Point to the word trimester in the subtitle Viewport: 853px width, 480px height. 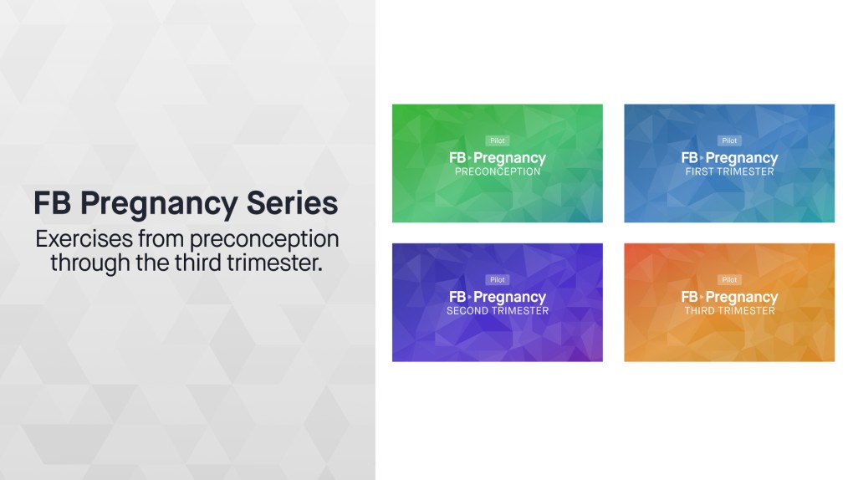click(x=278, y=263)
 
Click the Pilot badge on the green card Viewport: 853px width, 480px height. click(x=498, y=141)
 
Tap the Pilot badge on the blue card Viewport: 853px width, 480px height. click(x=729, y=141)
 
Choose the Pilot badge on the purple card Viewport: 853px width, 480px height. click(x=498, y=280)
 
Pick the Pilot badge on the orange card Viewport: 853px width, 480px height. click(x=729, y=280)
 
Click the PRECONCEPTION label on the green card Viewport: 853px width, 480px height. click(x=498, y=172)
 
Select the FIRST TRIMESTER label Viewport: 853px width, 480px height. click(x=729, y=172)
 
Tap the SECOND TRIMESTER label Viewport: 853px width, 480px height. click(x=498, y=311)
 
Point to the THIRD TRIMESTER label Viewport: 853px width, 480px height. click(x=729, y=311)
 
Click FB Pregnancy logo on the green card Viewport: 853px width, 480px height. click(x=498, y=157)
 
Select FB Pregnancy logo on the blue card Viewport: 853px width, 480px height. click(x=729, y=157)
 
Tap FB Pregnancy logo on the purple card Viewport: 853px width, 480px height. click(x=498, y=297)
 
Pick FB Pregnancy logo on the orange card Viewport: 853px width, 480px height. click(x=729, y=297)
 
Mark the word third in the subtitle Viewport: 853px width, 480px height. click(x=198, y=263)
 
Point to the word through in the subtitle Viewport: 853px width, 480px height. click(x=88, y=263)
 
